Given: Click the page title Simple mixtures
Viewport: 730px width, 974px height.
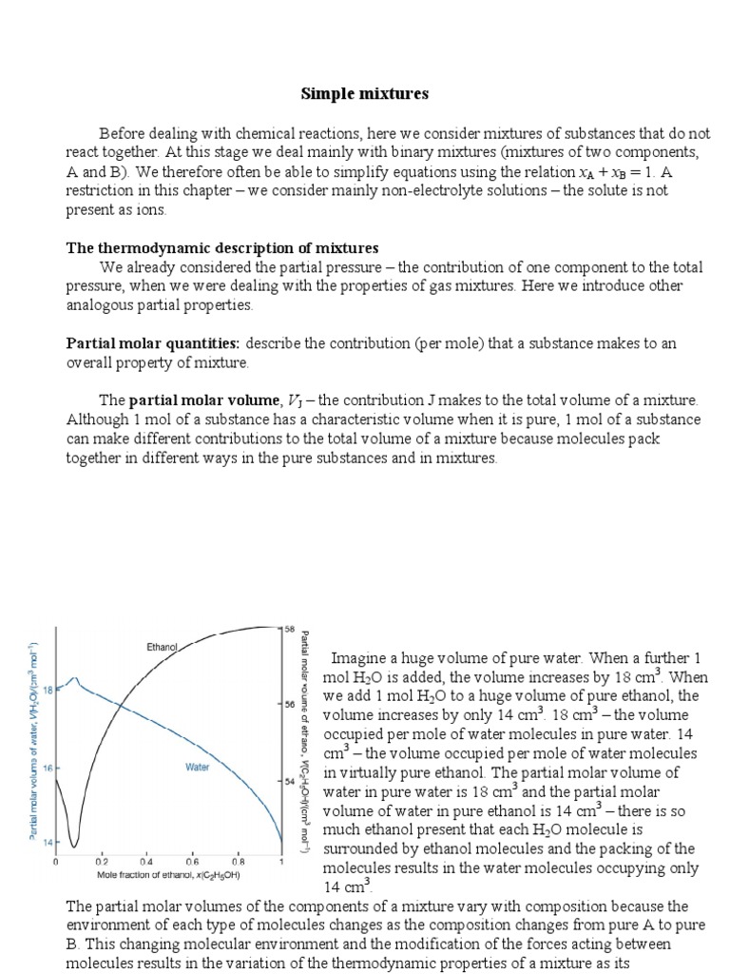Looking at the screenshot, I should [365, 93].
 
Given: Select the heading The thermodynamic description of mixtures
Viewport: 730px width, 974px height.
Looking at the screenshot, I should [221, 248].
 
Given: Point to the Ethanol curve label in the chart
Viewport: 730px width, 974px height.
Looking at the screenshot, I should [162, 647].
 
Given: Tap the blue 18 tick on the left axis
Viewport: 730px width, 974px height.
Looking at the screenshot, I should [48, 691].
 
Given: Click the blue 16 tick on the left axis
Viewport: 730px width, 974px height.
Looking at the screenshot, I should [48, 767].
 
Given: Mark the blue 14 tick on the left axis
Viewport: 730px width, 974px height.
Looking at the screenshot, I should [48, 843].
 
